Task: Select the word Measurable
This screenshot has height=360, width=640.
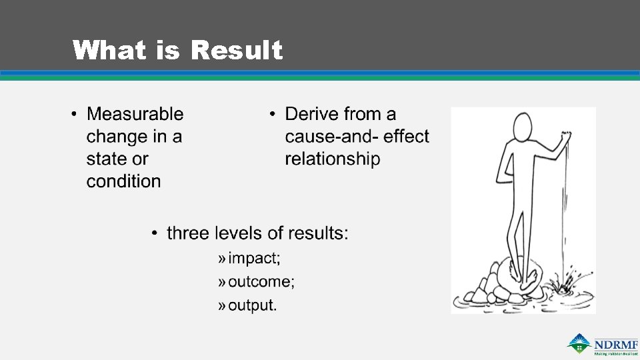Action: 135,114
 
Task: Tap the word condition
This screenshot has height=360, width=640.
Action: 123,181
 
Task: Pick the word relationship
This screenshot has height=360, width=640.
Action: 332,159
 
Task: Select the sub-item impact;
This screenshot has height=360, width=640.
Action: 254,258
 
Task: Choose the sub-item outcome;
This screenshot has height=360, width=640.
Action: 261,281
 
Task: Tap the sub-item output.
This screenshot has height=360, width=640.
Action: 252,305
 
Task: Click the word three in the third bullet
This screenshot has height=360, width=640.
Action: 186,233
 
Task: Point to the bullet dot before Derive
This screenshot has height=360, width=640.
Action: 273,115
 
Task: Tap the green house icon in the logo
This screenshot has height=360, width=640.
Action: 579,343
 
